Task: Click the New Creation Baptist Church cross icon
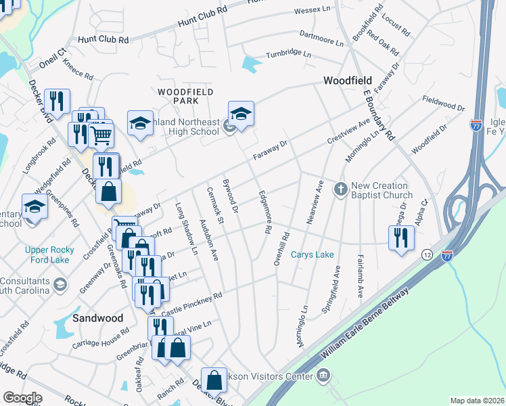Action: click(342, 190)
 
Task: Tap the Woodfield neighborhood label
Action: click(348, 81)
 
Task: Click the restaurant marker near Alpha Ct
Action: click(402, 237)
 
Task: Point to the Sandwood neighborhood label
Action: click(99, 317)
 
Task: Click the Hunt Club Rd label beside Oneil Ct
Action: click(103, 41)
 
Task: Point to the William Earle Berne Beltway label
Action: click(366, 325)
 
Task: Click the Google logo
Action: click(22, 398)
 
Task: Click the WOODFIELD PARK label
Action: click(185, 95)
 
